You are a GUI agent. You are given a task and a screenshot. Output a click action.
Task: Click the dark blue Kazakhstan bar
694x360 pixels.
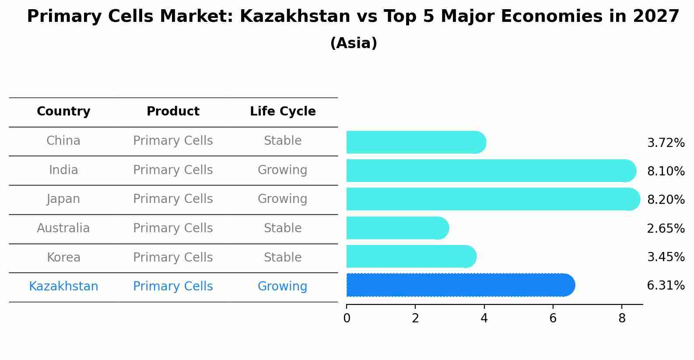click(459, 285)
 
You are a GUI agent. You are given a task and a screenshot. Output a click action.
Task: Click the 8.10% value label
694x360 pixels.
click(666, 171)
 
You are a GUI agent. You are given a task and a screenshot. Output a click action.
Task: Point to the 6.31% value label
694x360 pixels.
click(666, 286)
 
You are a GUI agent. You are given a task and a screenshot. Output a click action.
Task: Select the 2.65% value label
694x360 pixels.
click(666, 228)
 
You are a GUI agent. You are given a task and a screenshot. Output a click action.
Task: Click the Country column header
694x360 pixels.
click(63, 112)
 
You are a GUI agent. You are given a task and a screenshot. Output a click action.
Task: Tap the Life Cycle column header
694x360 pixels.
click(283, 112)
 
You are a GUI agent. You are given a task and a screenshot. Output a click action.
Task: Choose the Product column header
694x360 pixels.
click(173, 112)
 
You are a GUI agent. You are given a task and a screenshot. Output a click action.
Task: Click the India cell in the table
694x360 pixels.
click(63, 170)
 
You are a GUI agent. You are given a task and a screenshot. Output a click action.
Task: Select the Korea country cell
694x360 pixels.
click(63, 257)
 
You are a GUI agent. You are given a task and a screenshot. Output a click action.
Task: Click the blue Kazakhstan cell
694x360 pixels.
click(63, 287)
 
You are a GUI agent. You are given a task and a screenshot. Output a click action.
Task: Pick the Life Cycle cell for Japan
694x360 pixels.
click(282, 199)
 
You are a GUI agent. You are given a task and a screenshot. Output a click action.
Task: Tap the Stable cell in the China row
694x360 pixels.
click(282, 141)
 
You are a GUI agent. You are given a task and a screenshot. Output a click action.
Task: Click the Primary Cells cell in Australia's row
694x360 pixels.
click(173, 228)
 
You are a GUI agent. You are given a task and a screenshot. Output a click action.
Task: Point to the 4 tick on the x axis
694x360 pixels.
click(484, 318)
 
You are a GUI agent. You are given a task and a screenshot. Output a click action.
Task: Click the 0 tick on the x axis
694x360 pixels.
click(347, 318)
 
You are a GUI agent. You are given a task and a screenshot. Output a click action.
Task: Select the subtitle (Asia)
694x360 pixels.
click(354, 43)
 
